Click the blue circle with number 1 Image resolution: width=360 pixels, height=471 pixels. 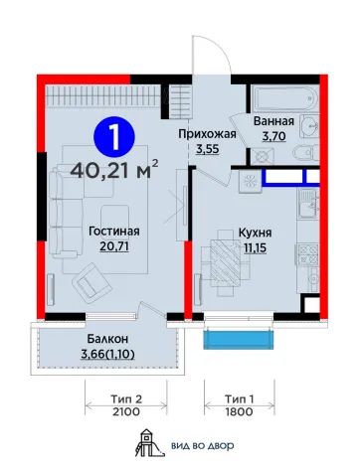[114, 137]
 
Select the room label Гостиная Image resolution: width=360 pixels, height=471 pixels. [114, 232]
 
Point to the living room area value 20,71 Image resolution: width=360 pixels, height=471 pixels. [114, 246]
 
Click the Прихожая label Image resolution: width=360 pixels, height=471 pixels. [208, 134]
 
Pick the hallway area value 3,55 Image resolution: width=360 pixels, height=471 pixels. [208, 149]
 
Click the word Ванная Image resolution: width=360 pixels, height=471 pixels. [273, 121]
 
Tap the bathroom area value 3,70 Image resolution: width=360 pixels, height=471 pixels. [273, 136]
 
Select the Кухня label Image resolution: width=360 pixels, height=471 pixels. [256, 233]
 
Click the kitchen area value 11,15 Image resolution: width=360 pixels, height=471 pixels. [256, 247]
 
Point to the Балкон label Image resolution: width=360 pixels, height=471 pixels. [107, 339]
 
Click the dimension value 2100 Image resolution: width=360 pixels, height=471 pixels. [126, 412]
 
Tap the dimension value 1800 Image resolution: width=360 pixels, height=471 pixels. [240, 412]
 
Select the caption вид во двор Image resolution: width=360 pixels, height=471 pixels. [203, 446]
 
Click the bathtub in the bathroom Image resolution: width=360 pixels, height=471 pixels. [284, 99]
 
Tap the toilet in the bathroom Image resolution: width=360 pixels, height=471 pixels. [305, 153]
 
